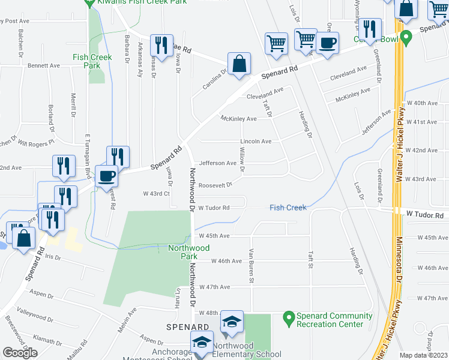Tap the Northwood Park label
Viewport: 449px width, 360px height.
pyautogui.click(x=182, y=251)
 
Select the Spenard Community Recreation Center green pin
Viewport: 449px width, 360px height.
pyautogui.click(x=288, y=316)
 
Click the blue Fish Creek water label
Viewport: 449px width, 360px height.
pyautogui.click(x=288, y=208)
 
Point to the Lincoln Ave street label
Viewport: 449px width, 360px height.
pyautogui.click(x=256, y=142)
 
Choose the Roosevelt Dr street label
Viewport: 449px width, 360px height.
pyautogui.click(x=215, y=185)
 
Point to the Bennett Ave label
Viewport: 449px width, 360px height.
pyautogui.click(x=44, y=65)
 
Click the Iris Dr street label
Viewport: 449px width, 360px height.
pyautogui.click(x=53, y=256)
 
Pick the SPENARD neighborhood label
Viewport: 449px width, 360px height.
pyautogui.click(x=188, y=326)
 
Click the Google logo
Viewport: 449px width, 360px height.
pyautogui.click(x=20, y=353)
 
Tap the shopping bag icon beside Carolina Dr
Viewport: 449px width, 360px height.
pyautogui.click(x=239, y=64)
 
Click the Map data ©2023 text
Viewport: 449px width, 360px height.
pyautogui.click(x=423, y=355)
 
